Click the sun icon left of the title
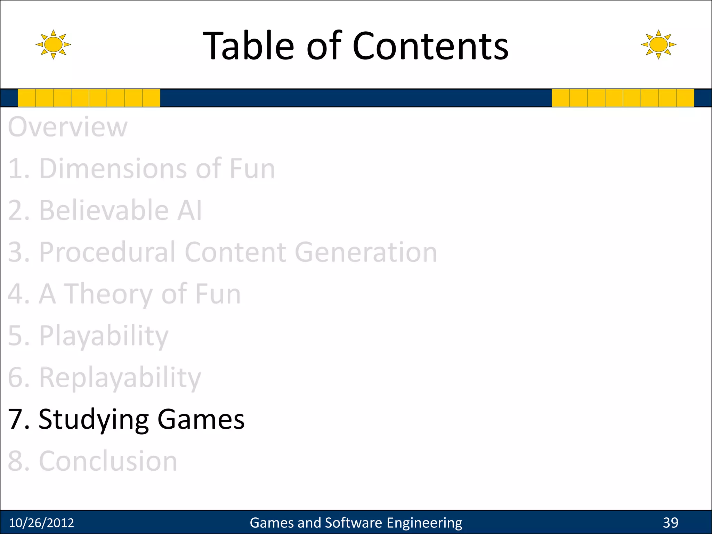point(53,44)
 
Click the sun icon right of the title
point(658,44)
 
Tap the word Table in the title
point(248,46)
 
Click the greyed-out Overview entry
point(68,127)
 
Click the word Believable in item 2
point(104,211)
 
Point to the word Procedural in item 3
point(107,252)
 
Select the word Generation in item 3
point(366,252)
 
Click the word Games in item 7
point(201,419)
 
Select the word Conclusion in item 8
point(108,461)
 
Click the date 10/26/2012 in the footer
point(41,523)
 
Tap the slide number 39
point(670,523)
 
